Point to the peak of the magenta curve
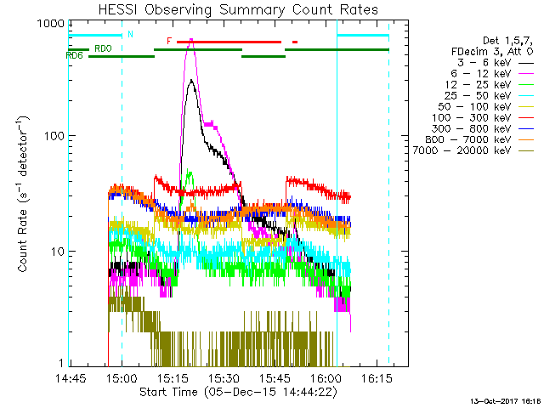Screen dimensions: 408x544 191,39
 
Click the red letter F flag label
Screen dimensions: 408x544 169,41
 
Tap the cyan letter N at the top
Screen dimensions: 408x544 130,35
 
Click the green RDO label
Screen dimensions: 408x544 103,49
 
